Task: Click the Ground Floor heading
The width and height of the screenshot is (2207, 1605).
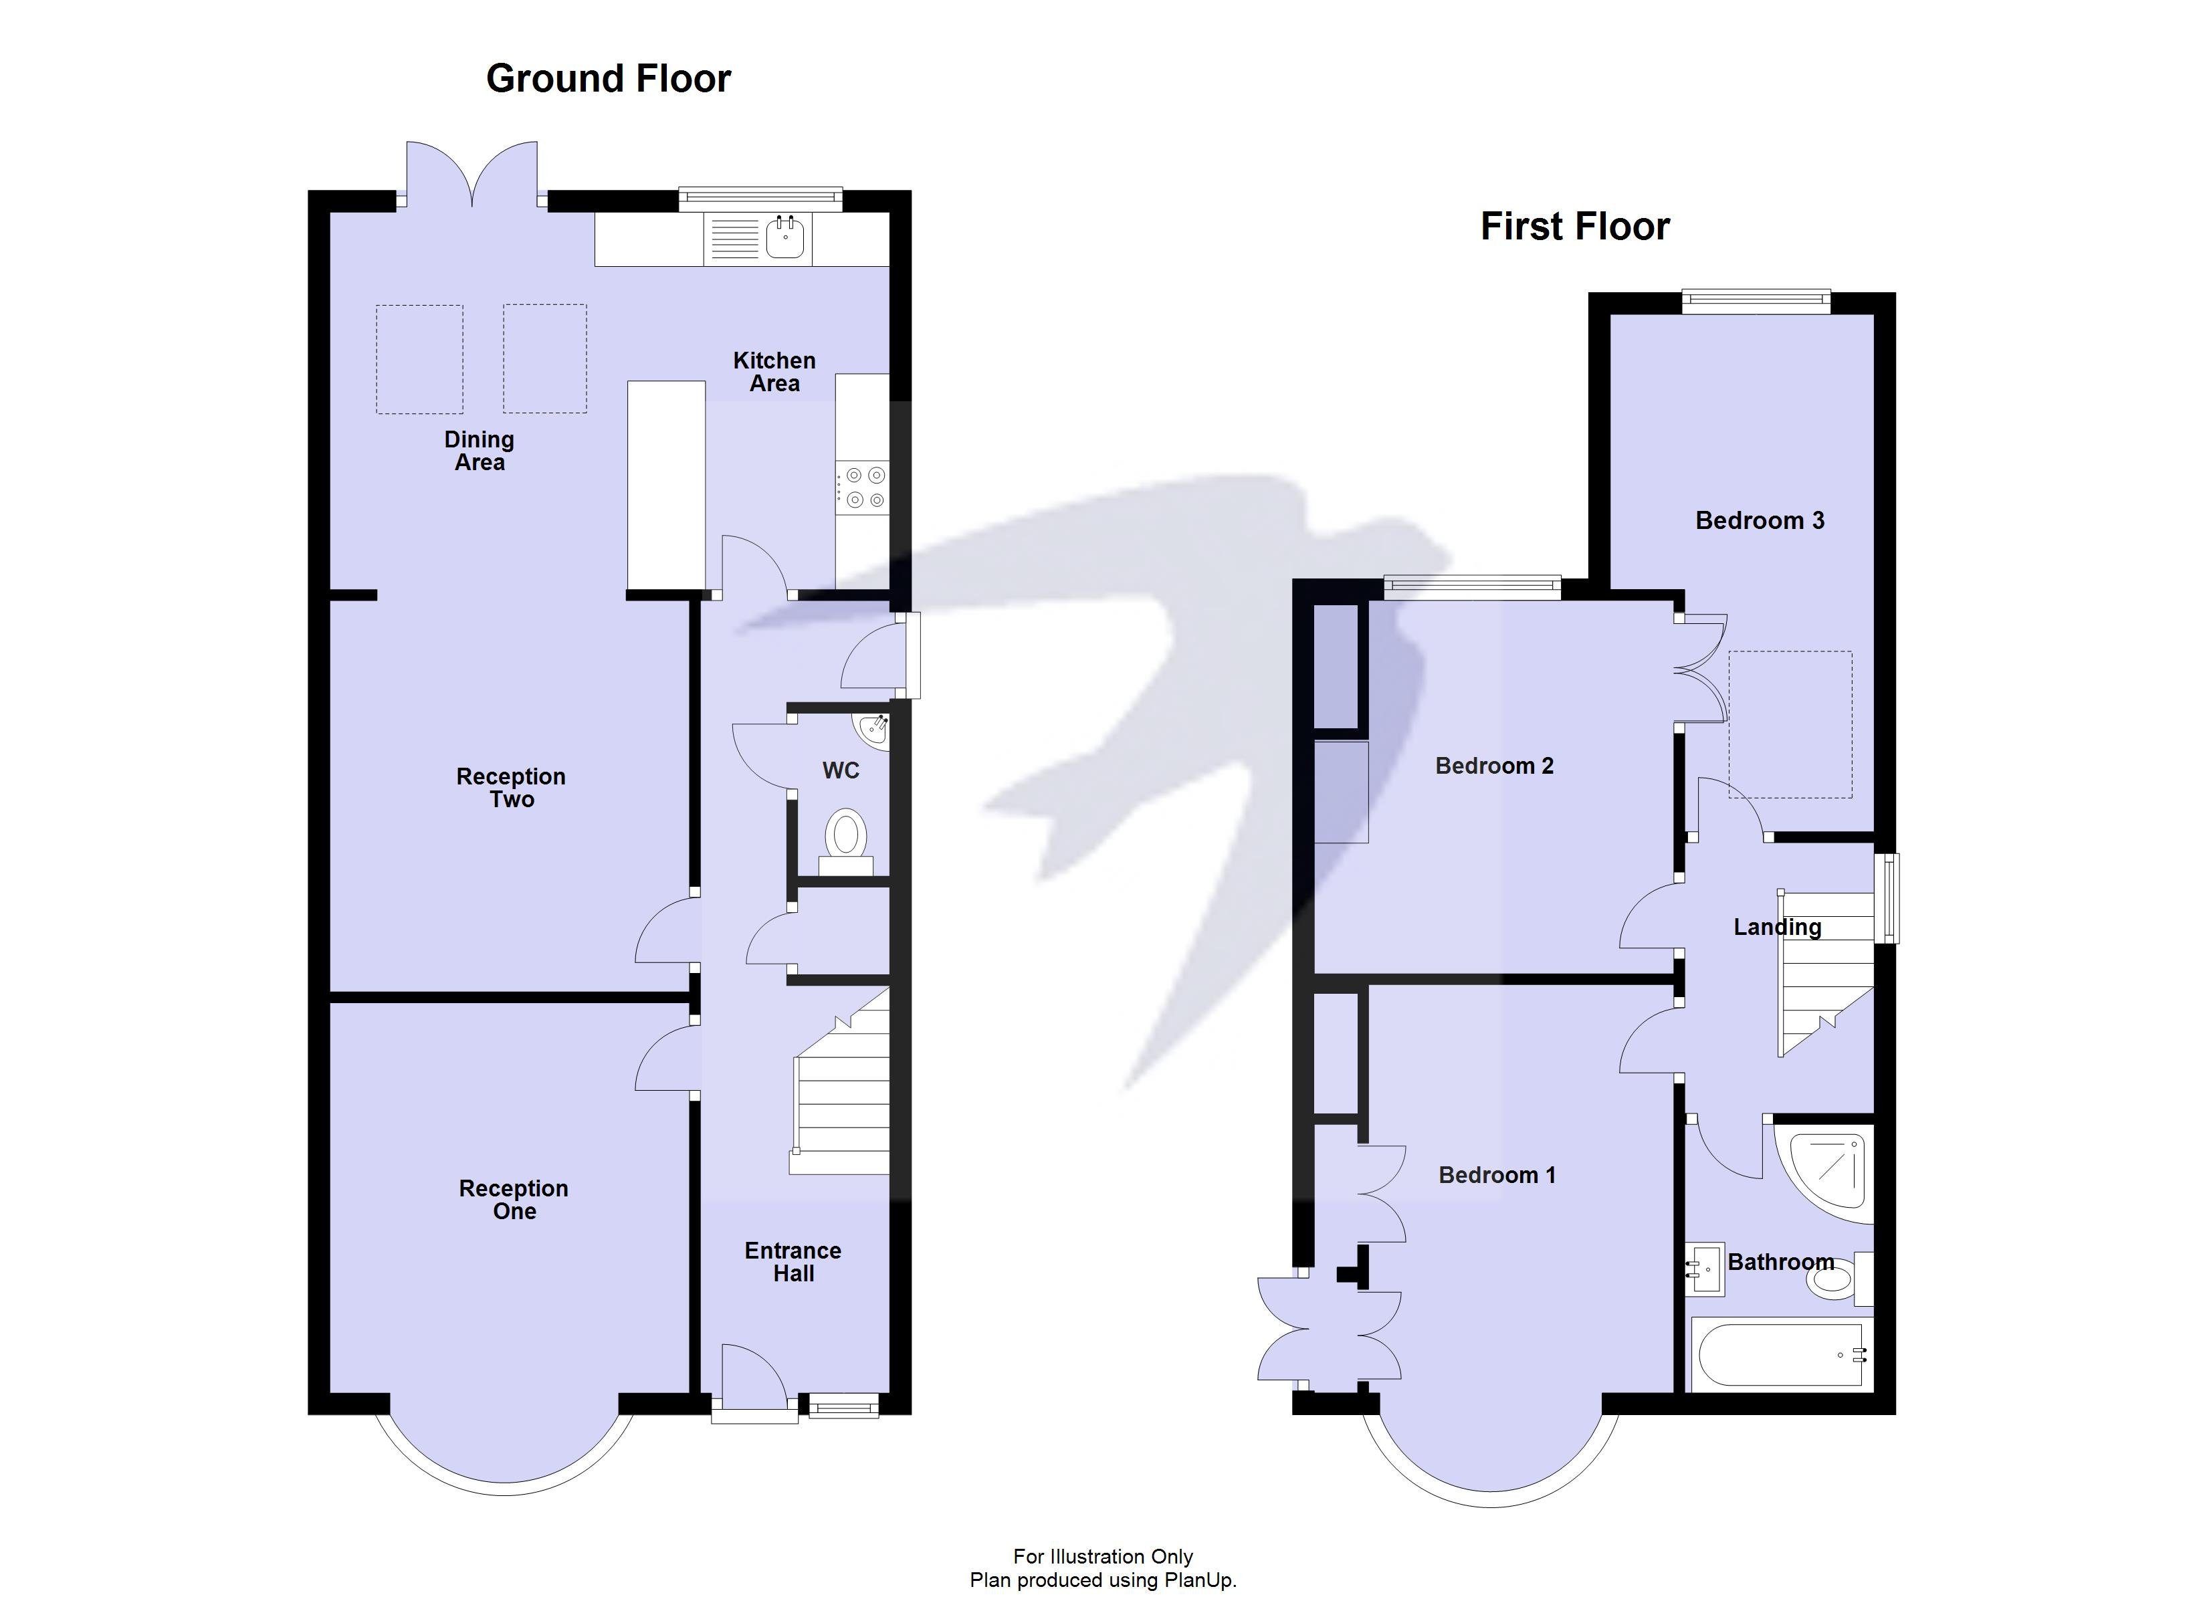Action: pos(608,79)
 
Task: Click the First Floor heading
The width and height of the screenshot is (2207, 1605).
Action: pos(1574,227)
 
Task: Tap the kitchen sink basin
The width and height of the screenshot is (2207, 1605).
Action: pos(784,237)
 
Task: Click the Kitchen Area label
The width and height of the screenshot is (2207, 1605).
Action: pos(774,372)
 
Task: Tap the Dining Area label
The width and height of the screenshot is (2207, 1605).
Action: pos(479,451)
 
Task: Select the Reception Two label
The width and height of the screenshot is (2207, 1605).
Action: pos(511,787)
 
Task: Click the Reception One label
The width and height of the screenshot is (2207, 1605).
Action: pos(514,1199)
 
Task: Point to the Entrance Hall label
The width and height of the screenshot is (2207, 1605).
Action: pos(793,1261)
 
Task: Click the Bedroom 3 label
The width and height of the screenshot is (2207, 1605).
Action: pos(1760,521)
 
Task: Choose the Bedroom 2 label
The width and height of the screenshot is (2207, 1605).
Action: pos(1493,766)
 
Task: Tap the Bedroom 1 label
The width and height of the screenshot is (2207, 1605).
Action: pos(1497,1175)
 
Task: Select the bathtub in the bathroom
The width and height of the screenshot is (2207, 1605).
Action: pos(1777,1354)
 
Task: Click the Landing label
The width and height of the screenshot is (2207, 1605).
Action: pos(1777,927)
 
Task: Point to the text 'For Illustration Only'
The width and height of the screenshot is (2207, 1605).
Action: pos(1103,1556)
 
